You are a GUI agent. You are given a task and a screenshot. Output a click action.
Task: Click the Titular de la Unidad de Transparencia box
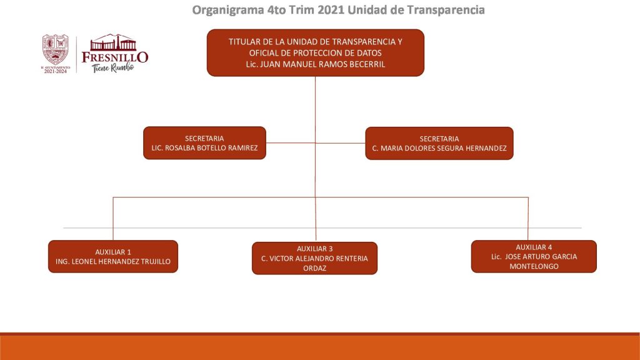click(x=316, y=52)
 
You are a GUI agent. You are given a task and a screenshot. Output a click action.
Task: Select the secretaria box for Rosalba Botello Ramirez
click(x=204, y=143)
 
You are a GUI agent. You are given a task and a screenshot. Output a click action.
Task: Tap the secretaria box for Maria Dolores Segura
click(x=439, y=143)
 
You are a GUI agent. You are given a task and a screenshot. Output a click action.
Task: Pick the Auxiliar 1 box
click(x=113, y=256)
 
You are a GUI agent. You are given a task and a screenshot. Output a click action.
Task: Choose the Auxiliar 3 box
click(x=315, y=258)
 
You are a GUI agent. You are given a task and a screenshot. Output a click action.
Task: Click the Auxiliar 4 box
click(x=534, y=256)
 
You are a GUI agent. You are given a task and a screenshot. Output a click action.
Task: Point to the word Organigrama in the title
click(x=228, y=10)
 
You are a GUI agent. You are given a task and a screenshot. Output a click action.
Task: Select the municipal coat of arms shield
click(x=56, y=49)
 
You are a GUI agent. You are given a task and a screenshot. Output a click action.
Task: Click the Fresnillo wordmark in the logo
click(x=115, y=57)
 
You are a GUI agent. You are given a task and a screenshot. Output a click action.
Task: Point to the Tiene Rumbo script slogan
click(x=112, y=67)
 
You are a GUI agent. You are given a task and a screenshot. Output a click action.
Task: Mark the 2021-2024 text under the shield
click(x=56, y=71)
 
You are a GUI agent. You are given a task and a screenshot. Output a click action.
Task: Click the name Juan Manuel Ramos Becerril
click(x=322, y=64)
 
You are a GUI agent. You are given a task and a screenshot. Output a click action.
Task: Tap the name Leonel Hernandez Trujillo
click(x=121, y=261)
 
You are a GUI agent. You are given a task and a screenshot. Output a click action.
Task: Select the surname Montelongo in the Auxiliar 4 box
click(x=534, y=266)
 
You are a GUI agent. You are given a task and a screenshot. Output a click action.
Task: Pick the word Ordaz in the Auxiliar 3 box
click(x=315, y=268)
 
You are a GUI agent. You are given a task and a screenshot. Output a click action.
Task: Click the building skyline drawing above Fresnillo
click(x=114, y=42)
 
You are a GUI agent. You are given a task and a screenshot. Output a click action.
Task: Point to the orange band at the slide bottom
click(x=320, y=346)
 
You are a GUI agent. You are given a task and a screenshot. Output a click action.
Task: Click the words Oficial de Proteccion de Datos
click(x=316, y=52)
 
